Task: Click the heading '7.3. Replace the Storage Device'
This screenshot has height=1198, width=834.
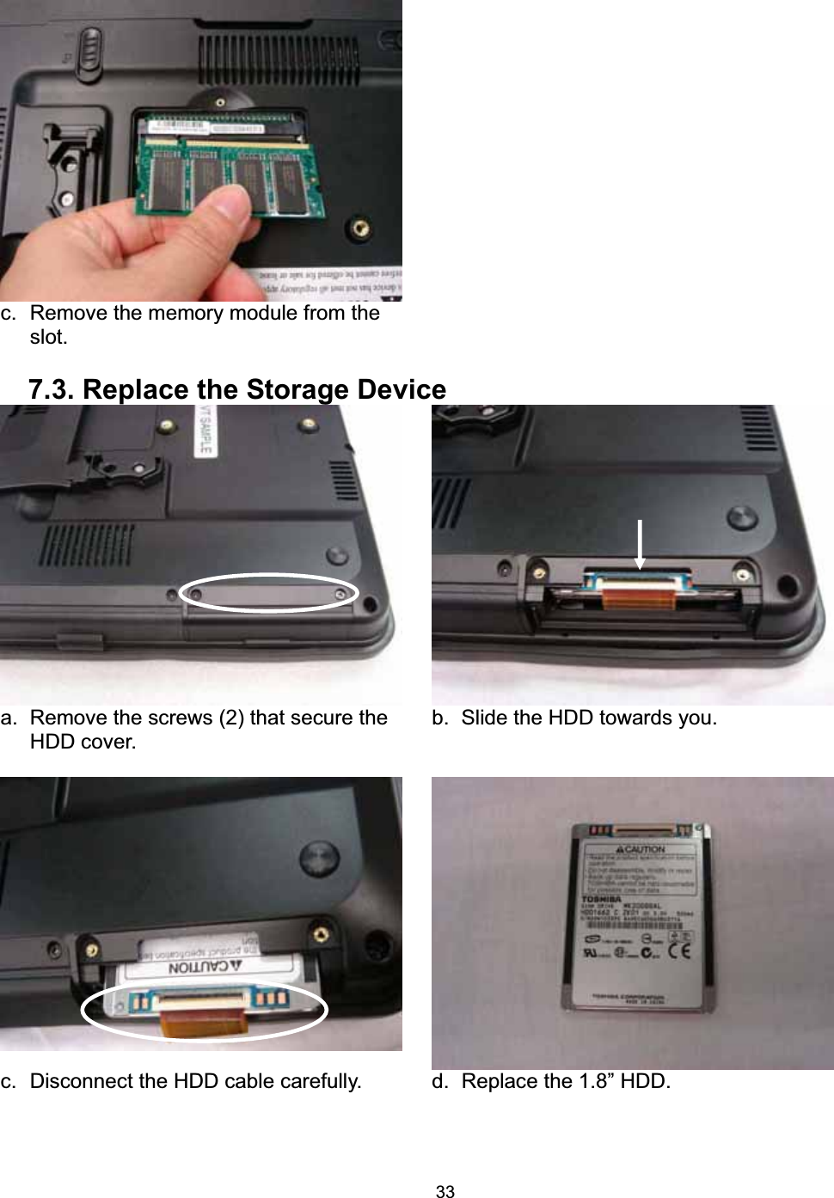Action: (x=237, y=389)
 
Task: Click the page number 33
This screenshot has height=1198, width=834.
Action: (x=445, y=1190)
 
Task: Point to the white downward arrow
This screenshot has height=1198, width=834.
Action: (x=640, y=543)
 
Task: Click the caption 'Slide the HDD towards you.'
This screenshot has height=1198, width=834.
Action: (x=588, y=718)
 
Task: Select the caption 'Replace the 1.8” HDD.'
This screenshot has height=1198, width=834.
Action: (x=565, y=1081)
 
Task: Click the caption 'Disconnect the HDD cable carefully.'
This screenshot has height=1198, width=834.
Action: (x=195, y=1081)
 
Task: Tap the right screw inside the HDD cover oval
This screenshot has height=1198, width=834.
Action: (x=341, y=594)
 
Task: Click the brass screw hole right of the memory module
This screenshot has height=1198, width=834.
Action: (x=362, y=227)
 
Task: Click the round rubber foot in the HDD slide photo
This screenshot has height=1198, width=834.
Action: (x=741, y=518)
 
